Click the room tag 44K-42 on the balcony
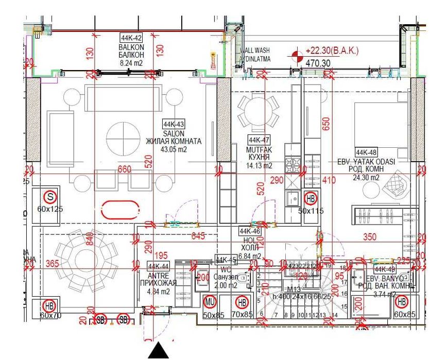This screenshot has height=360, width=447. tap(131, 38)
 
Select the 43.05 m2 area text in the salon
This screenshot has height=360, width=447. tap(173, 150)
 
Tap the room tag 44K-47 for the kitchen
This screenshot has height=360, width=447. tap(259, 140)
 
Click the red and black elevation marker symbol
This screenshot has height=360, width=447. tap(296, 55)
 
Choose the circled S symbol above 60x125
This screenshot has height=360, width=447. tap(50, 196)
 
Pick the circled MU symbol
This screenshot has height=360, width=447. tap(210, 301)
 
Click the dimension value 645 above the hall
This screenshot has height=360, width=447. tap(198, 237)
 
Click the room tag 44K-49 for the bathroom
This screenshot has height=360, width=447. tap(386, 269)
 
